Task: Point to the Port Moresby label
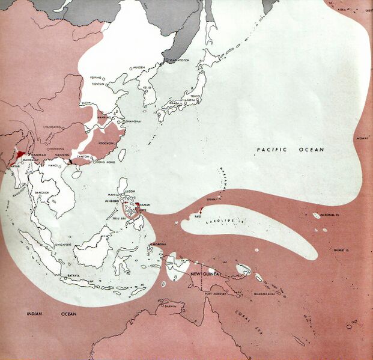pyautogui.click(x=216, y=294)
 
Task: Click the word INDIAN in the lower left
pyautogui.click(x=30, y=314)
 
